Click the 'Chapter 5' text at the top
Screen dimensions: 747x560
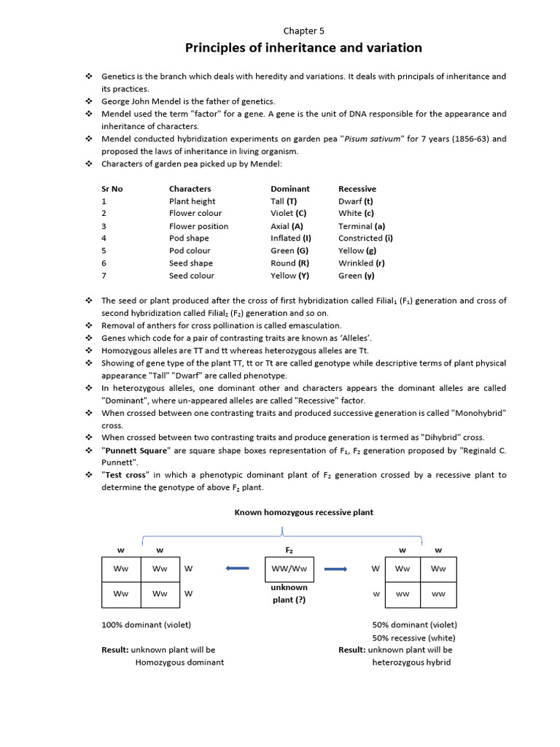(303, 31)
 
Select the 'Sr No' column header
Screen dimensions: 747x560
(112, 189)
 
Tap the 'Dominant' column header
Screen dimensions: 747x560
(289, 189)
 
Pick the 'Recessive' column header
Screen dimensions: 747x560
(357, 189)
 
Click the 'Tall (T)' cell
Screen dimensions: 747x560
(284, 201)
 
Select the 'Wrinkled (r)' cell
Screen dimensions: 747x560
(362, 263)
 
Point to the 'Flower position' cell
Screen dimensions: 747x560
(198, 226)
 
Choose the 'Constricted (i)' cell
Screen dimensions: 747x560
(365, 239)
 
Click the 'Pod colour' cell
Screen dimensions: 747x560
(190, 251)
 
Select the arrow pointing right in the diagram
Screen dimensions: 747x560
(335, 569)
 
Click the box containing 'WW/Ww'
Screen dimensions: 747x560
(289, 569)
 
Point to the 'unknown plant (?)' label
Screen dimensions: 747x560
(289, 593)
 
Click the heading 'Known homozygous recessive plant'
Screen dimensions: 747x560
(303, 513)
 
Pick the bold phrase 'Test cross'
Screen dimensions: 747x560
(125, 475)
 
